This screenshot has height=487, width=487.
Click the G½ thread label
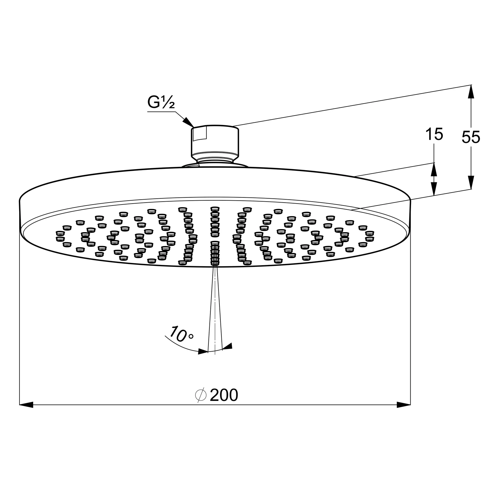(161, 102)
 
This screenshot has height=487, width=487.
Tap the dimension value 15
(434, 134)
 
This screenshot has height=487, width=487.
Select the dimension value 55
(471, 138)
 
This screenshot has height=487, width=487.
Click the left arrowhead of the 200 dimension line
(27, 405)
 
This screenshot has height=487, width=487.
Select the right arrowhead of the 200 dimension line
(404, 405)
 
